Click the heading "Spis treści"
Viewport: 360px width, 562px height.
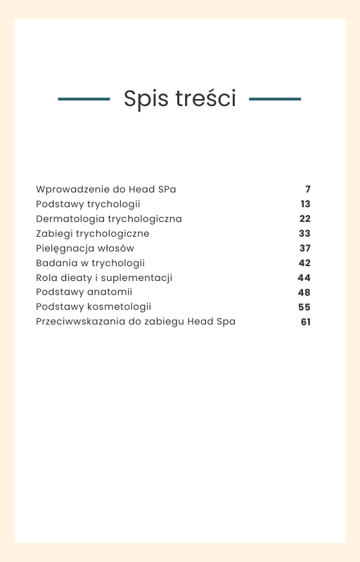pyautogui.click(x=179, y=99)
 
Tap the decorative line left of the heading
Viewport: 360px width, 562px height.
pyautogui.click(x=84, y=99)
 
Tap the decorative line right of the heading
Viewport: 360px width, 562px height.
pyautogui.click(x=275, y=99)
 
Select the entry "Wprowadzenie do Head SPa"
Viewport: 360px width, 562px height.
pyautogui.click(x=106, y=190)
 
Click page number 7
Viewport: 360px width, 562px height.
pyautogui.click(x=308, y=190)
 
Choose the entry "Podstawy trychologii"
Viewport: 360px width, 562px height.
pyautogui.click(x=88, y=204)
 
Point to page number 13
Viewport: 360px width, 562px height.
pyautogui.click(x=305, y=204)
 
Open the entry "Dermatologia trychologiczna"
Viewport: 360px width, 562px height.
pyautogui.click(x=109, y=219)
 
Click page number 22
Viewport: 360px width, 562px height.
pyautogui.click(x=304, y=219)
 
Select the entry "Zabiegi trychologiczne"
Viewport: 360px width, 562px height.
pyautogui.click(x=93, y=234)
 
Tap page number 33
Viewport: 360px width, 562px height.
pyautogui.click(x=304, y=234)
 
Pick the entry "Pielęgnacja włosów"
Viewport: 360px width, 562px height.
pyautogui.click(x=85, y=249)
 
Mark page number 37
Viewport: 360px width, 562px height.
pyautogui.click(x=304, y=249)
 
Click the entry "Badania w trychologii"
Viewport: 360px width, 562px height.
pyautogui.click(x=90, y=263)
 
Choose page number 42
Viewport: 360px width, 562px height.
pyautogui.click(x=304, y=263)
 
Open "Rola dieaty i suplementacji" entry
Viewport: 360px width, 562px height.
pyautogui.click(x=104, y=278)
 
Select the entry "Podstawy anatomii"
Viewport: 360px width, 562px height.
pyautogui.click(x=84, y=293)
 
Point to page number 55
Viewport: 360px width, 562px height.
pyautogui.click(x=304, y=308)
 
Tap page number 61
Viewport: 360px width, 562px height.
pyautogui.click(x=305, y=322)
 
